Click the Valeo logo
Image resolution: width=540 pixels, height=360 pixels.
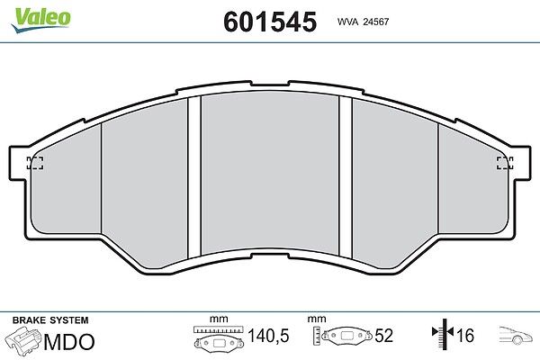(x=40, y=20)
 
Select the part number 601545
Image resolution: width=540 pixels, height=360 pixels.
(x=270, y=22)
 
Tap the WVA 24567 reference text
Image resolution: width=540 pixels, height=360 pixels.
(x=363, y=22)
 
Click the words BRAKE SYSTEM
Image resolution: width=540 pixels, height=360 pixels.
(x=50, y=320)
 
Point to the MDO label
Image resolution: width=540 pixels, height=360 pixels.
(x=69, y=342)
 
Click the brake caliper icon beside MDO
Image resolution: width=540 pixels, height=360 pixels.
(x=23, y=340)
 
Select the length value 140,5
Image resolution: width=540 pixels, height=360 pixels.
(x=268, y=335)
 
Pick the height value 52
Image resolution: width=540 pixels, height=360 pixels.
(x=383, y=335)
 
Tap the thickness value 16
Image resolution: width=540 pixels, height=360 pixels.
(x=465, y=335)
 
